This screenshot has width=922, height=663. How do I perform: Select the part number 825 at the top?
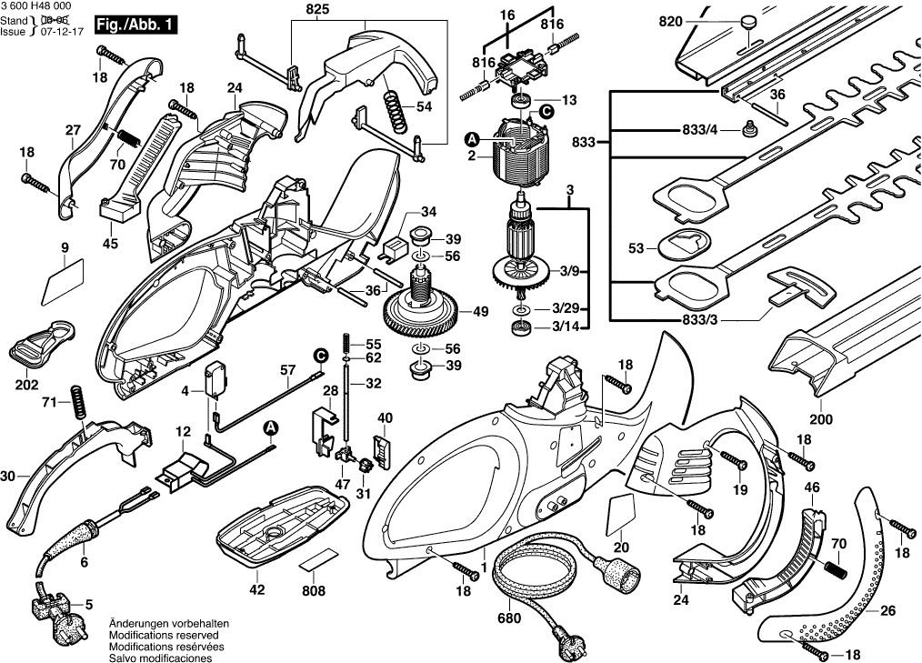tap(317, 10)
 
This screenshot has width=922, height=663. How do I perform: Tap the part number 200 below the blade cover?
tap(820, 421)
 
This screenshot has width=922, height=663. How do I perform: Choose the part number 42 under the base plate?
tap(257, 590)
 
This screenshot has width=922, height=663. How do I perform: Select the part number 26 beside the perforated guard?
tap(887, 611)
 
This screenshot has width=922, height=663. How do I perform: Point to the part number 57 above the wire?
tap(288, 370)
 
